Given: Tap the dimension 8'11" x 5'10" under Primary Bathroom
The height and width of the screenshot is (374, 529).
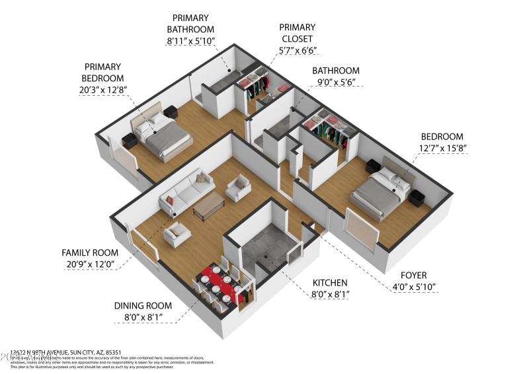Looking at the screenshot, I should coord(190,41).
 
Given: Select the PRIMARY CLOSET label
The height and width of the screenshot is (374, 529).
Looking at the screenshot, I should coord(297,33).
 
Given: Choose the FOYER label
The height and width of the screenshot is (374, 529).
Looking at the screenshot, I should coord(413,275).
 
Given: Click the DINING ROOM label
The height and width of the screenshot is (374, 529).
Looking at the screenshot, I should coord(143,306).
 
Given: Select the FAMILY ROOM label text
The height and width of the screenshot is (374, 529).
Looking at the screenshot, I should coord(90,252).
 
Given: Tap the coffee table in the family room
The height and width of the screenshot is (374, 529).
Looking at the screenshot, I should coord(208,207).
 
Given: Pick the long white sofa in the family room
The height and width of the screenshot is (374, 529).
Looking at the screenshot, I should coord(185,192).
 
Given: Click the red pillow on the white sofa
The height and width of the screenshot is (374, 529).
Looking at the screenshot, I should coord(170,200).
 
